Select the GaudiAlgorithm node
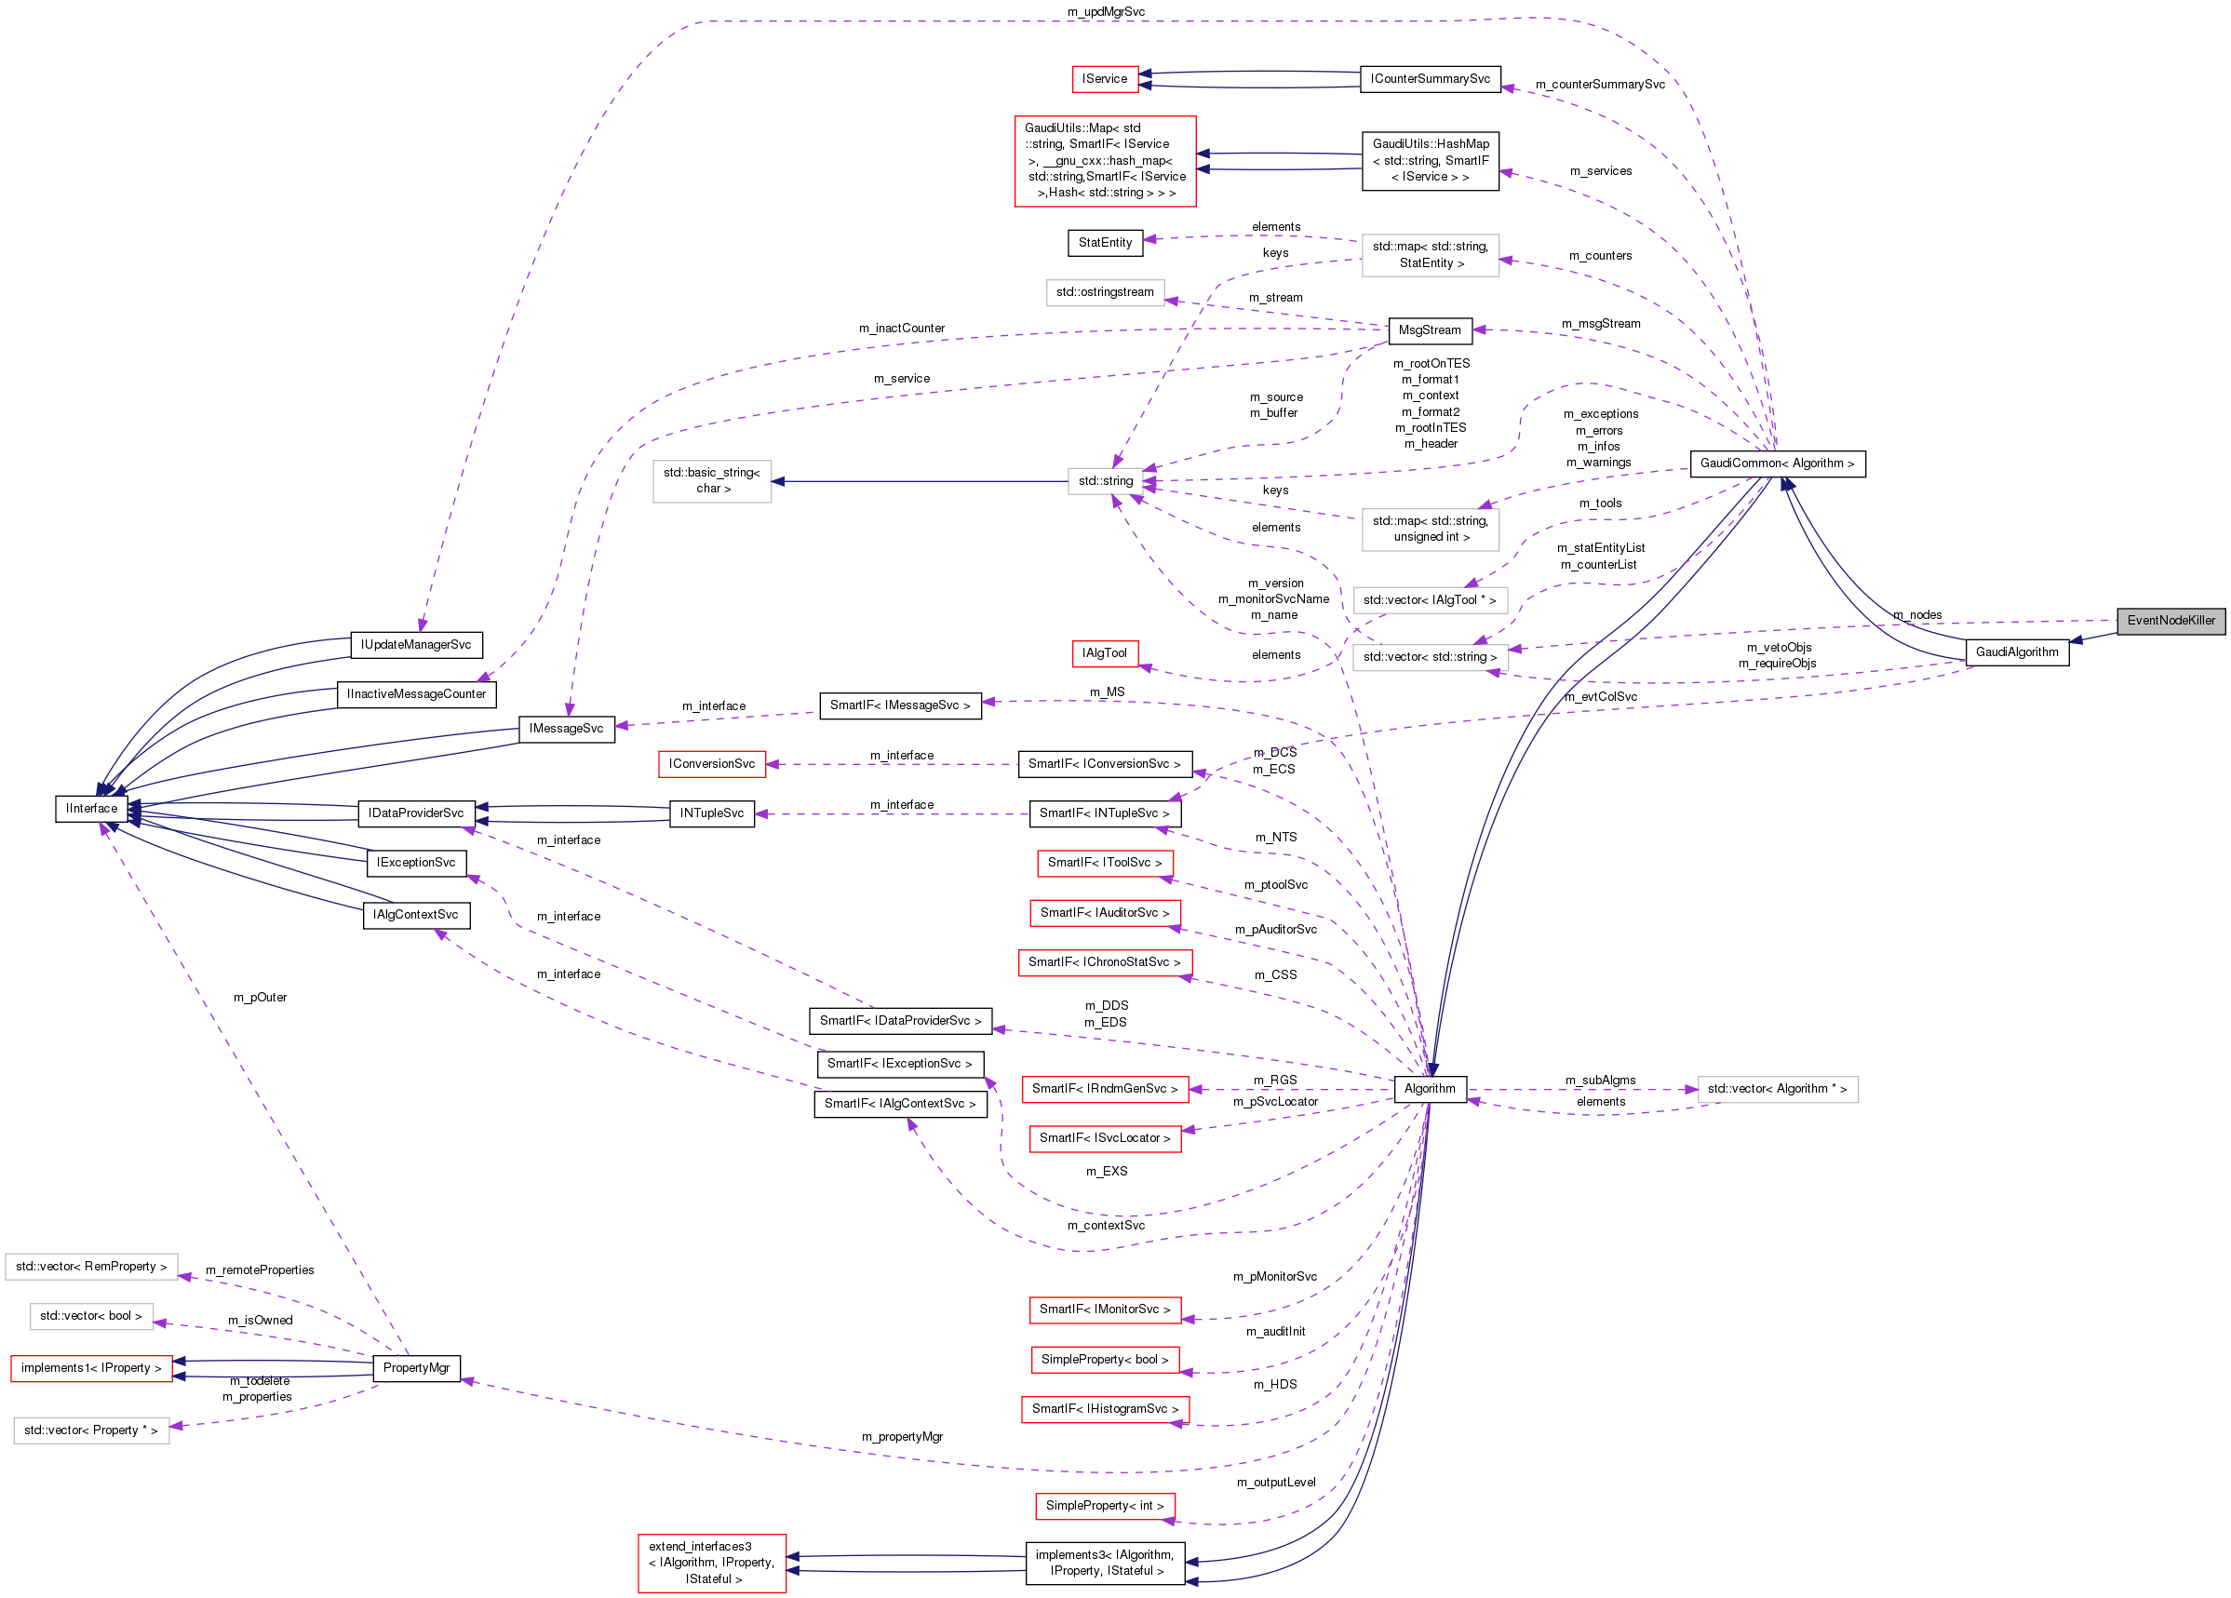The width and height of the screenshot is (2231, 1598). coord(2016,652)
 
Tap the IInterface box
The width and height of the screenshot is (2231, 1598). coord(91,809)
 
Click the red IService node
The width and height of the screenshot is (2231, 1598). coord(1104,79)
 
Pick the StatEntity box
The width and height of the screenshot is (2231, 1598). coord(1104,243)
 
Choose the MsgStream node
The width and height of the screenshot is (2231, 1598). coord(1429,330)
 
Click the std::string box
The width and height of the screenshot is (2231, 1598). coord(1105,481)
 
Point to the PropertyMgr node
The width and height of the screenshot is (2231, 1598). coord(416,1368)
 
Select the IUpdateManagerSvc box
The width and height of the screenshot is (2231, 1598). coord(416,645)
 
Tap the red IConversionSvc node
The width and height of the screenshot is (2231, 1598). coord(711,764)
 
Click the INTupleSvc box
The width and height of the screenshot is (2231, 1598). coord(711,813)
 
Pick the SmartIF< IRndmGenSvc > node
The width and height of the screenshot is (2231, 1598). coord(1104,1089)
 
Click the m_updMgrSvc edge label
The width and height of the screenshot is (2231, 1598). coord(1106,12)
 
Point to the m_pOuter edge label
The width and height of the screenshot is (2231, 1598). coord(260,997)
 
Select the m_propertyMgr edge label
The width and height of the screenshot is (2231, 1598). coord(902,1437)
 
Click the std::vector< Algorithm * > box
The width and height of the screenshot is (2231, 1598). coord(1777,1089)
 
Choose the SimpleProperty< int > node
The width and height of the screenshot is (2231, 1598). coord(1104,1506)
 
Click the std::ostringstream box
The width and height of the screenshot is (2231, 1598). coord(1105,292)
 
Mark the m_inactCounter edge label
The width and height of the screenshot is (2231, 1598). coord(901,329)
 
